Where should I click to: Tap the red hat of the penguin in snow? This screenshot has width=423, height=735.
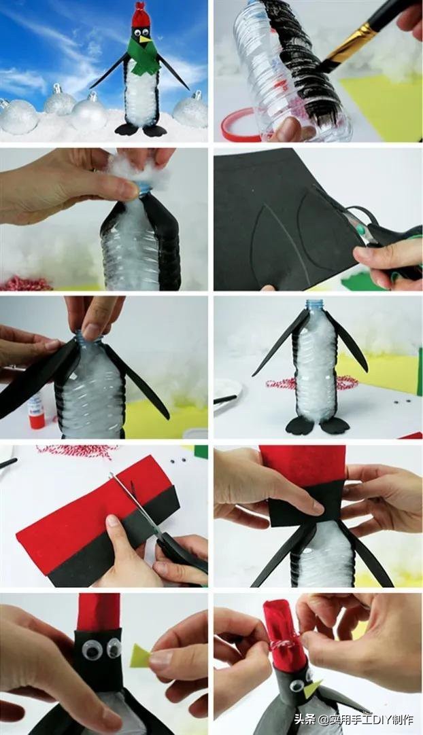(x=141, y=15)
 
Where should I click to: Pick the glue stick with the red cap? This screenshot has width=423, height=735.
(x=36, y=412)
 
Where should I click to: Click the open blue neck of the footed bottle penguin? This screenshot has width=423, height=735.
(x=316, y=305)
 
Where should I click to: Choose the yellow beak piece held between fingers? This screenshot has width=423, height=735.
(x=139, y=656)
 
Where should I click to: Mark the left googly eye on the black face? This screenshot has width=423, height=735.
(x=92, y=650)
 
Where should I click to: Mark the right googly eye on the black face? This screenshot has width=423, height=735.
(x=114, y=648)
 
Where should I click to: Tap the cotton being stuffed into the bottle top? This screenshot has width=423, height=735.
(x=136, y=168)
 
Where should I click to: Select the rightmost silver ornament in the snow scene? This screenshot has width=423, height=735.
(x=191, y=111)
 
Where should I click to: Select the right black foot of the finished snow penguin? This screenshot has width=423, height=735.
(x=154, y=131)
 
